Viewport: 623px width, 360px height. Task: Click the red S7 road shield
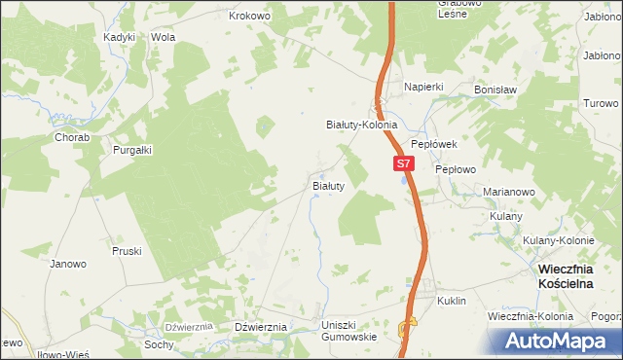click(406, 165)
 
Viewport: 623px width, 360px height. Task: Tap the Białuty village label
click(327, 185)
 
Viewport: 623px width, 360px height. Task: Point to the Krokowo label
click(247, 16)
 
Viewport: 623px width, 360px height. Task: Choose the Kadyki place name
click(119, 37)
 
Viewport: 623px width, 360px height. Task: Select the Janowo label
click(68, 264)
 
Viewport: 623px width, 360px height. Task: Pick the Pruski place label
click(127, 251)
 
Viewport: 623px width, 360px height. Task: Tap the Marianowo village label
click(510, 193)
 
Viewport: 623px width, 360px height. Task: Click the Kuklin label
click(452, 302)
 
